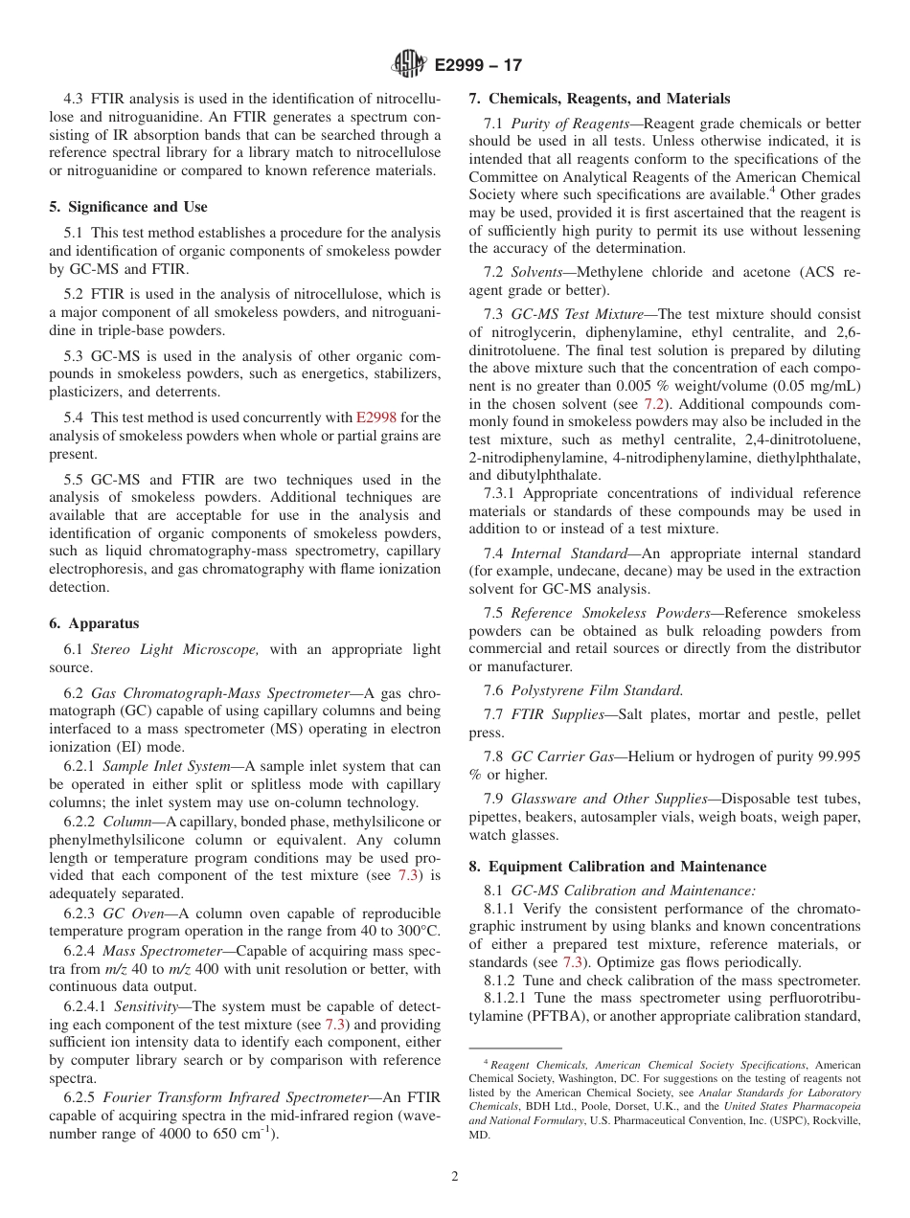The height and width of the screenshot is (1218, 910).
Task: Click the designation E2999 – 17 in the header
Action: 477,66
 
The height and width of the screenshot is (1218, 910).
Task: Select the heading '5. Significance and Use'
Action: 128,207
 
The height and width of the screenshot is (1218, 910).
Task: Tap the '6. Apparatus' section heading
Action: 94,623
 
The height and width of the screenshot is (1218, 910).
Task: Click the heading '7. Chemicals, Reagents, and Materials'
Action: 599,99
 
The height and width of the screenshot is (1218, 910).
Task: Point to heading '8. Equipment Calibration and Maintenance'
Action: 617,867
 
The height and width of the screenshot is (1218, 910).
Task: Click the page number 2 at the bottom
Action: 455,1177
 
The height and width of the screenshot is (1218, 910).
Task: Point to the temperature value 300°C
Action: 415,931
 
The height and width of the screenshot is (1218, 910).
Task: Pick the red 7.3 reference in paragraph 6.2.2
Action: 406,876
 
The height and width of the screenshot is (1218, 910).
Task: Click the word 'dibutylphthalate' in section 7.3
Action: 545,475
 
